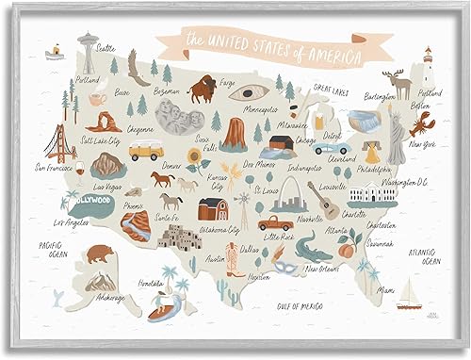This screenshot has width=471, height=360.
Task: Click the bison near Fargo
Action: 201,91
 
